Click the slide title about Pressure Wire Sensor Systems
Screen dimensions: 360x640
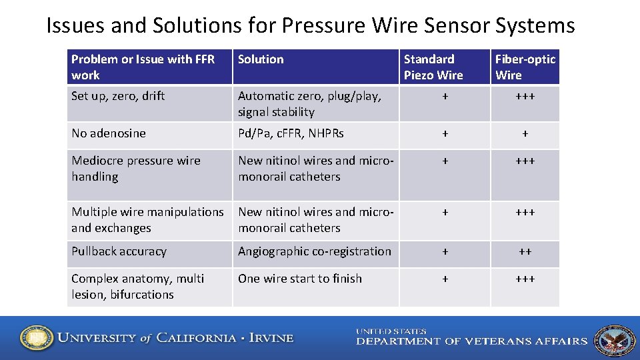tap(310, 25)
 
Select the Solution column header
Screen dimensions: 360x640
tap(261, 59)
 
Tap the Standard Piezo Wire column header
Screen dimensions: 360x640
tap(433, 67)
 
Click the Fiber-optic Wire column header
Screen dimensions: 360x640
tap(525, 67)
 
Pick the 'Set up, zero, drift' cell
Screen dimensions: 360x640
tap(118, 96)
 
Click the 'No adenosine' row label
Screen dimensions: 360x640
tap(109, 133)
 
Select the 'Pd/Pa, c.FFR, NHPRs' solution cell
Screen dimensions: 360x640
tap(291, 133)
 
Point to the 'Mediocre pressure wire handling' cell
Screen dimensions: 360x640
tap(136, 169)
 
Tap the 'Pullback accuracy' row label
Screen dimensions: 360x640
tap(119, 251)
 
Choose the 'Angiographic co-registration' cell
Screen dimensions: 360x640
tap(315, 251)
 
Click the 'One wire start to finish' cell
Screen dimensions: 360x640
tap(300, 279)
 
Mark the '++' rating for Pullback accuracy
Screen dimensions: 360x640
tap(525, 252)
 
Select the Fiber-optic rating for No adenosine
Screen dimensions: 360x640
tap(525, 134)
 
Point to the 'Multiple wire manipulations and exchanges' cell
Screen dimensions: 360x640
tap(147, 220)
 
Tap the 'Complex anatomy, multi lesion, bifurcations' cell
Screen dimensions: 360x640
tap(138, 287)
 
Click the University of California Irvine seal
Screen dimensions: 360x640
tap(36, 339)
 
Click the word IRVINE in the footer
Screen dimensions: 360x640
tap(271, 338)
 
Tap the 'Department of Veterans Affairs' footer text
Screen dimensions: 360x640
tap(471, 341)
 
